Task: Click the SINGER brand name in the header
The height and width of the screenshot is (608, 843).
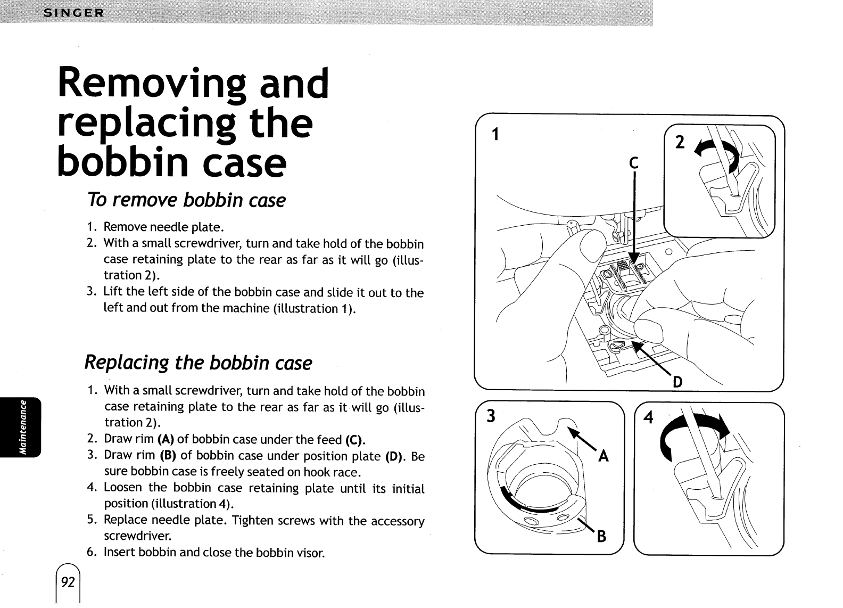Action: [75, 13]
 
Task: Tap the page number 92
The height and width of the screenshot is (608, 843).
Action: [68, 582]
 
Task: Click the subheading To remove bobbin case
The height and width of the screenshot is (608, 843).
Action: [186, 201]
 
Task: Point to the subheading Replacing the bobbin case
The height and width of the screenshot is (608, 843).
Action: [198, 363]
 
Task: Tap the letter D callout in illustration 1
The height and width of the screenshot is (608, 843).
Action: [677, 382]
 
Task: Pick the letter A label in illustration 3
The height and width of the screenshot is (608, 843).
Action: [603, 457]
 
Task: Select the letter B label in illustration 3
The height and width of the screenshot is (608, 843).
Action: [601, 537]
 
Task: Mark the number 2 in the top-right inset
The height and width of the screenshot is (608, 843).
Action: [680, 143]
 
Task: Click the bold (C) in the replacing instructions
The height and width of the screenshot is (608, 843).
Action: [354, 440]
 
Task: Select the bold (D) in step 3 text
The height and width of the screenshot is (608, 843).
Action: [396, 456]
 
